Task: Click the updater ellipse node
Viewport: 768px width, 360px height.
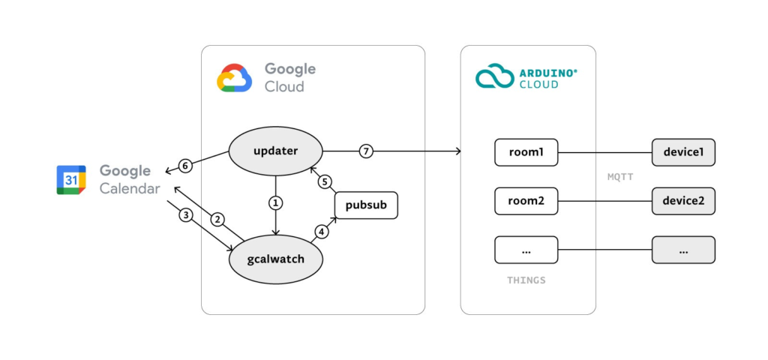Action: [x=275, y=151]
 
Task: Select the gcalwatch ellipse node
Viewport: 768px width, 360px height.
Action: [x=275, y=259]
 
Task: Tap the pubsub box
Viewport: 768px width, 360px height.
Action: [x=365, y=205]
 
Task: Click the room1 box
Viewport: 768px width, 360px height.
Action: [x=526, y=152]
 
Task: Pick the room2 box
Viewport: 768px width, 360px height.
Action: [x=526, y=201]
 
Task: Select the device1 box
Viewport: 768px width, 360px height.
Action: [x=683, y=152]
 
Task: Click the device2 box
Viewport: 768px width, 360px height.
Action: [x=683, y=201]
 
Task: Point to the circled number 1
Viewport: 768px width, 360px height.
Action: [x=275, y=202]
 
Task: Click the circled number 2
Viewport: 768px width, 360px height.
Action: [x=217, y=220]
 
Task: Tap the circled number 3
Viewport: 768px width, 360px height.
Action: [x=186, y=215]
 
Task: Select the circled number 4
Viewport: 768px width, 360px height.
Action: [x=322, y=232]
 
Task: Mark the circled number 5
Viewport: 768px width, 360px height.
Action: [x=325, y=181]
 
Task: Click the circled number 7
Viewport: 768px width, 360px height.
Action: [x=366, y=151]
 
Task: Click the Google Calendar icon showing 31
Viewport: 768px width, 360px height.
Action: [x=71, y=180]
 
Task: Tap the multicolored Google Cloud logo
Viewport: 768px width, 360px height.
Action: [x=234, y=77]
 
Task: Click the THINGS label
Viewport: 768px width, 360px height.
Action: [x=526, y=280]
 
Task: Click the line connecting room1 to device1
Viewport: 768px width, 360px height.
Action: [x=604, y=152]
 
